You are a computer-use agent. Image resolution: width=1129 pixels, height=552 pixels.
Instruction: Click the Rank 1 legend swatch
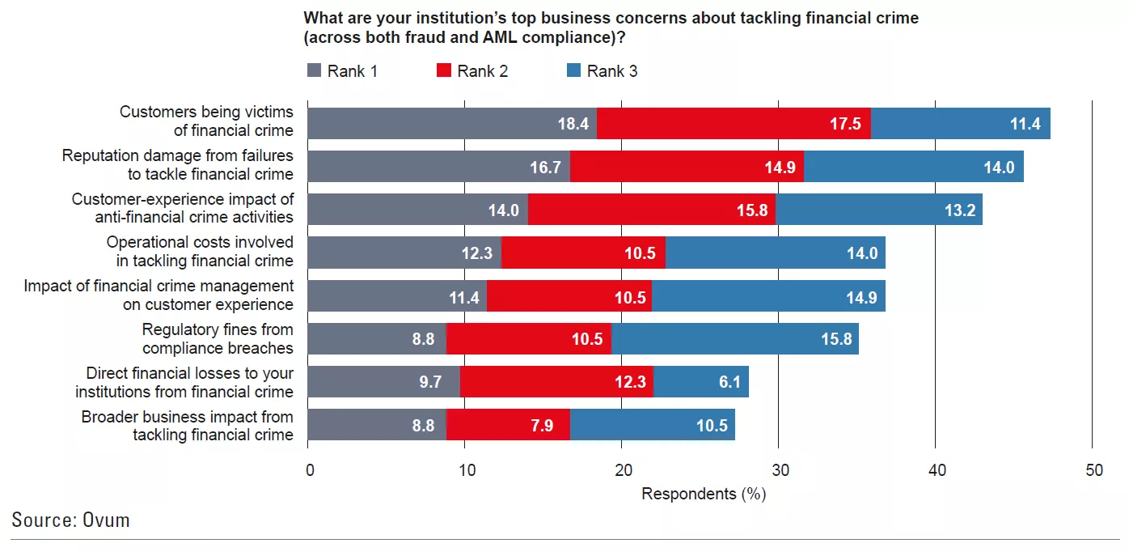click(x=315, y=71)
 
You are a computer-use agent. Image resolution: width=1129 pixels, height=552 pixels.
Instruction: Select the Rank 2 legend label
click(x=482, y=71)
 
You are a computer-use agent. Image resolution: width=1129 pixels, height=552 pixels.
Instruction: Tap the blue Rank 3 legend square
click(x=573, y=71)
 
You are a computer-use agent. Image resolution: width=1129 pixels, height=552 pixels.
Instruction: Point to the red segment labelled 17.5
click(x=734, y=124)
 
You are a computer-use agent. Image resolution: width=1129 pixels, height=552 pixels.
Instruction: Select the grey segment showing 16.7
click(x=438, y=167)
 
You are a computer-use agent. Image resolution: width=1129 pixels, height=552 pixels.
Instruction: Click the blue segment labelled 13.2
click(x=878, y=210)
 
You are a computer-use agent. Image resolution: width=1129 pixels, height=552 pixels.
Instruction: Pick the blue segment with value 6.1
click(x=700, y=382)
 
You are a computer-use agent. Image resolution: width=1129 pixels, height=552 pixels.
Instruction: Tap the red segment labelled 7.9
click(x=508, y=425)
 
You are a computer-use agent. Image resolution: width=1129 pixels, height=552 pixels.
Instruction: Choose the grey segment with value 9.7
click(x=384, y=382)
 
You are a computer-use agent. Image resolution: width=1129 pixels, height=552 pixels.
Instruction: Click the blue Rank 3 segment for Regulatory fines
click(x=734, y=339)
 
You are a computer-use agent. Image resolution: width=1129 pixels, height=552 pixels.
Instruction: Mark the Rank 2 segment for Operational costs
click(x=583, y=253)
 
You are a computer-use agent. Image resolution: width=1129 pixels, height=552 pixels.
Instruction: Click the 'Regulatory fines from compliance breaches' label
click(x=217, y=339)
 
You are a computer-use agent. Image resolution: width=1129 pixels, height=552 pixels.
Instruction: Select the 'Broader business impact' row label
click(x=187, y=426)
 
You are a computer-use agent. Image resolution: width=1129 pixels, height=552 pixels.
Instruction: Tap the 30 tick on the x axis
click(x=778, y=470)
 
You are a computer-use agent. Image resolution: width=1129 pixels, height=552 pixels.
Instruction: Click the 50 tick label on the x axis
click(x=1093, y=470)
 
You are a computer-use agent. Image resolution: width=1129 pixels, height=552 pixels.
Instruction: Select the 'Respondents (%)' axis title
click(x=703, y=493)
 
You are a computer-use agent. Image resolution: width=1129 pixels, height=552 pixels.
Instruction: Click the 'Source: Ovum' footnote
click(x=70, y=520)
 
